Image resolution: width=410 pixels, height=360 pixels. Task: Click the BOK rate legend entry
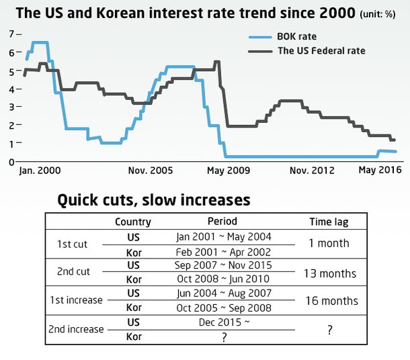pos(296,36)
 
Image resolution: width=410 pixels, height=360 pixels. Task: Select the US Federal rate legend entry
pos(321,50)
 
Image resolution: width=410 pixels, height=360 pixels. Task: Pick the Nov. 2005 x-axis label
pos(150,171)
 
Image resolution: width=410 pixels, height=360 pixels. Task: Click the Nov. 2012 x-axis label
pos(312,171)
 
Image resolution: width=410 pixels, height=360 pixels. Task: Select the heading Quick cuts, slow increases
pos(153,199)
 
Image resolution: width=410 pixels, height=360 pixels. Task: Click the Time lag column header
pos(329,222)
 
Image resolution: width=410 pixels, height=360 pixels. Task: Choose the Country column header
pos(133,222)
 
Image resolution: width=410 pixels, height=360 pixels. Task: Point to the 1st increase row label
pos(76,300)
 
